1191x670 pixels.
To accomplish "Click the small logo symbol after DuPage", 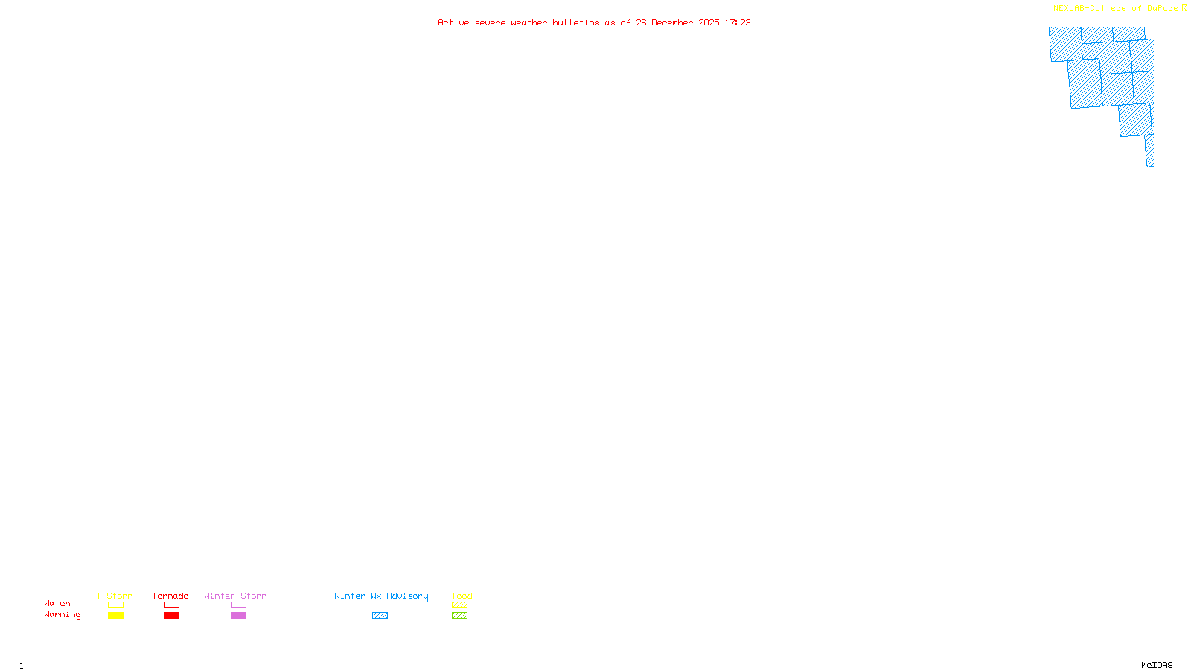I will [1184, 8].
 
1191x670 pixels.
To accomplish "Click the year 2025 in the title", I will [709, 22].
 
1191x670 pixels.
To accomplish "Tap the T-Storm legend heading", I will [115, 596].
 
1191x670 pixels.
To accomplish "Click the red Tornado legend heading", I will [170, 596].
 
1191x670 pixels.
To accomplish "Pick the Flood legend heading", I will [459, 596].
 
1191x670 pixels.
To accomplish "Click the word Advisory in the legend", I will [407, 596].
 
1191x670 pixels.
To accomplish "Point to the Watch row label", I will [57, 604].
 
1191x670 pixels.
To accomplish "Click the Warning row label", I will [62, 615].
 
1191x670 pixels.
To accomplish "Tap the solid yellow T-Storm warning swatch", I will [115, 616].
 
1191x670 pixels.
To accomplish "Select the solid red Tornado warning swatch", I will [171, 616].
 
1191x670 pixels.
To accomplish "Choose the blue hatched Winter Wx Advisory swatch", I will [380, 616].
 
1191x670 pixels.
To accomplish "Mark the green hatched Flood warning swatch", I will [459, 616].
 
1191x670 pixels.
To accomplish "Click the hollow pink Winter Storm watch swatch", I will [238, 605].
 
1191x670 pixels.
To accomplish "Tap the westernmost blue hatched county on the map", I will [1065, 44].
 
